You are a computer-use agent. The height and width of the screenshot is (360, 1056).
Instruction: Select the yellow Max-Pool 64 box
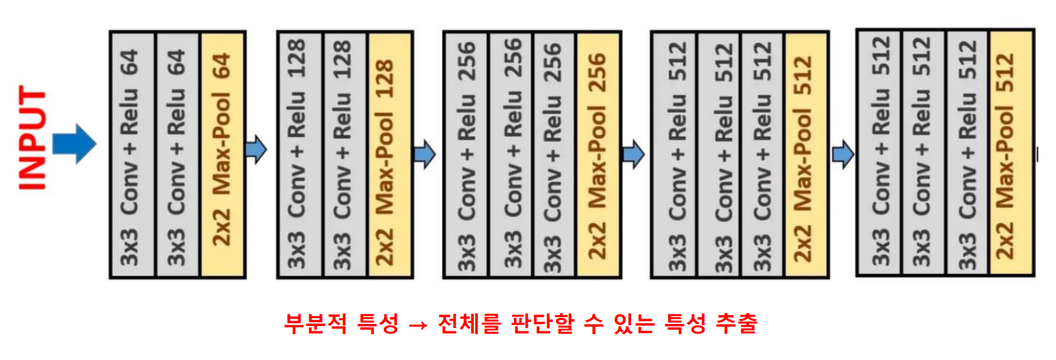[223, 154]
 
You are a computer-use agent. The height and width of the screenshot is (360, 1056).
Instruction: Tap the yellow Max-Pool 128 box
[389, 154]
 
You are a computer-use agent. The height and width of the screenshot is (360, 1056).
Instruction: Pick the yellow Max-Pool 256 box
[598, 154]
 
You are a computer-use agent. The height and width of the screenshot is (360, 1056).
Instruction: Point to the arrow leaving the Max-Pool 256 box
[633, 154]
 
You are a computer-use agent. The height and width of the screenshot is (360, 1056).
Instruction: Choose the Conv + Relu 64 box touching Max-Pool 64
[178, 154]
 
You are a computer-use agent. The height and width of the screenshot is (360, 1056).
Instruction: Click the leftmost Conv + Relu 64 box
[133, 154]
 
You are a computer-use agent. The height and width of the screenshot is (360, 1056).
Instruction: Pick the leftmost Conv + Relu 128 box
[300, 154]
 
